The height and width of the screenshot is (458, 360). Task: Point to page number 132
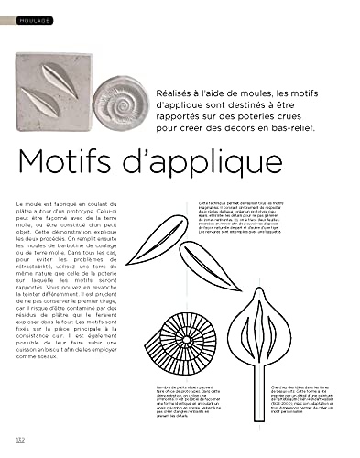pos(19,442)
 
